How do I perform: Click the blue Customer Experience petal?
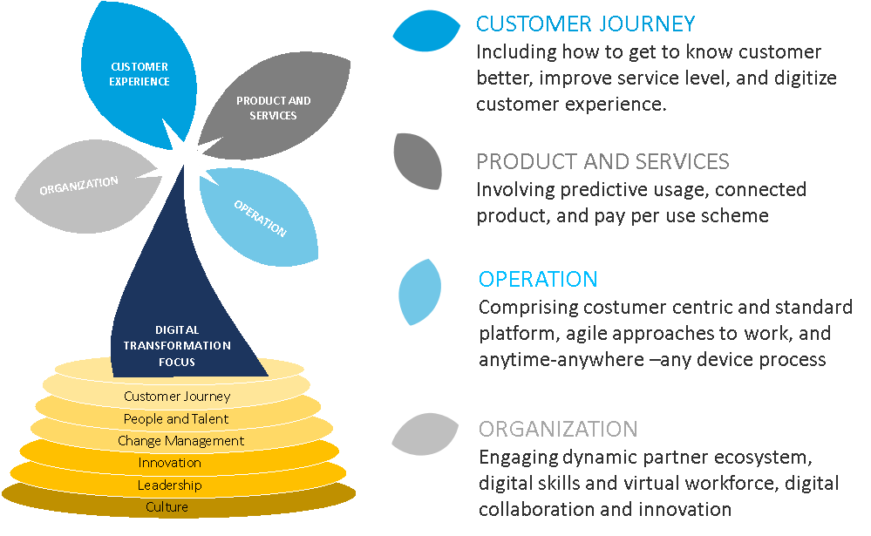pyautogui.click(x=139, y=73)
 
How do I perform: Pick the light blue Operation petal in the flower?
pyautogui.click(x=259, y=216)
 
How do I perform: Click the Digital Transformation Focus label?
pyautogui.click(x=177, y=345)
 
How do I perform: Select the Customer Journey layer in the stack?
pyautogui.click(x=177, y=397)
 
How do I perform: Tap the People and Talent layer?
pyautogui.click(x=176, y=419)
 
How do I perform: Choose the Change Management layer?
pyautogui.click(x=180, y=441)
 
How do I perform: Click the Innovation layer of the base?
pyautogui.click(x=169, y=463)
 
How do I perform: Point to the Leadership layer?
pyautogui.click(x=169, y=485)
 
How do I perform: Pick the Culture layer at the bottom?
pyautogui.click(x=167, y=507)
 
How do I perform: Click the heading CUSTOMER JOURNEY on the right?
pyautogui.click(x=585, y=24)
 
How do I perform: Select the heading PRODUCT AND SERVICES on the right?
pyautogui.click(x=602, y=161)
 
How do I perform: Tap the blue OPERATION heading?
pyautogui.click(x=538, y=279)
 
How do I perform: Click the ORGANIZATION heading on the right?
pyautogui.click(x=558, y=429)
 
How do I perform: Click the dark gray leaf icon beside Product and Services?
pyautogui.click(x=418, y=160)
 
